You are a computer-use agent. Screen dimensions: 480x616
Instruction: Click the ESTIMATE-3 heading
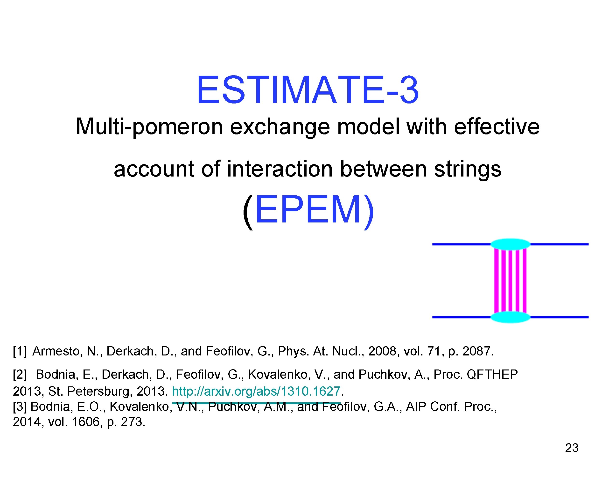pyautogui.click(x=308, y=90)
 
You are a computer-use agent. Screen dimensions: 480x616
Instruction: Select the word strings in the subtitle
pyautogui.click(x=467, y=169)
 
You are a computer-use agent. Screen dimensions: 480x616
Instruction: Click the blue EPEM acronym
pyautogui.click(x=308, y=210)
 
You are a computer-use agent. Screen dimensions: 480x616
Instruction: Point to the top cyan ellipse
pyautogui.click(x=510, y=244)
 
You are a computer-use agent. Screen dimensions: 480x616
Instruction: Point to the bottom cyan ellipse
pyautogui.click(x=510, y=317)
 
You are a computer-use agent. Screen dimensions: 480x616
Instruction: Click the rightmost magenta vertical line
pyautogui.click(x=525, y=280)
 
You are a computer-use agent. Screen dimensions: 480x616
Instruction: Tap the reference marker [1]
pyautogui.click(x=20, y=351)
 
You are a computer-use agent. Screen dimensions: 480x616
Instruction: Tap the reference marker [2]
pyautogui.click(x=20, y=374)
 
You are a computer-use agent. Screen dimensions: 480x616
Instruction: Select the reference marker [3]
pyautogui.click(x=20, y=406)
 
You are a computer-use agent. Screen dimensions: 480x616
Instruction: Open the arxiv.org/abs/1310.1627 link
pyautogui.click(x=256, y=391)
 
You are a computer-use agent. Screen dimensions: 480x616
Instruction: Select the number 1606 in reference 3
pyautogui.click(x=86, y=422)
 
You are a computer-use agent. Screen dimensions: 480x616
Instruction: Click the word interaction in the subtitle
pyautogui.click(x=280, y=169)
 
